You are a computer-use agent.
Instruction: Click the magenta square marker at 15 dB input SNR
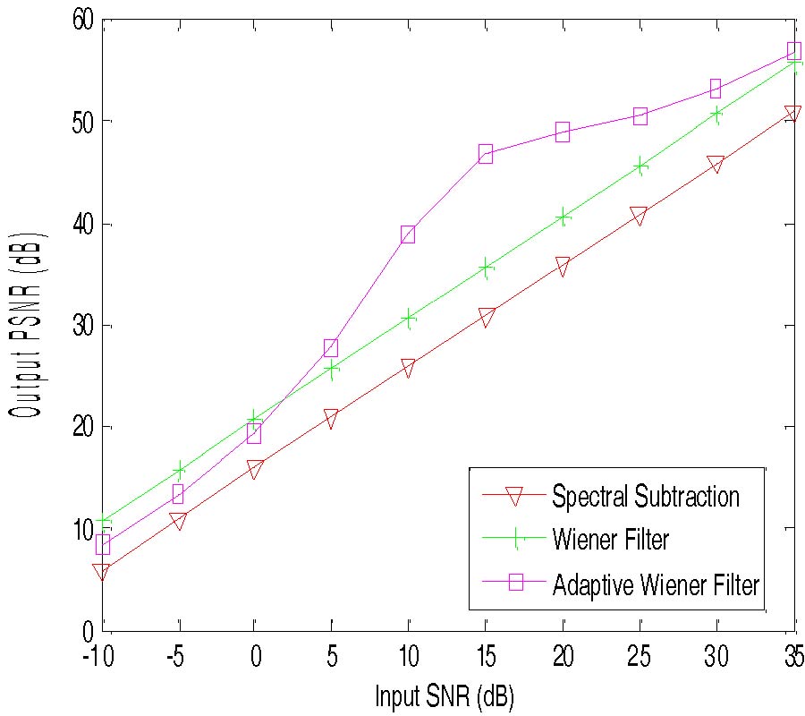486,153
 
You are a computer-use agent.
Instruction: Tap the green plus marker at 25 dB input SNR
640,166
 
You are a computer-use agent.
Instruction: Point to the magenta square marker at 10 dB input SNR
408,234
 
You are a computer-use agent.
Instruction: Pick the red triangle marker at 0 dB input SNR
254,470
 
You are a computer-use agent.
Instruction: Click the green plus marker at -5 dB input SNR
179,469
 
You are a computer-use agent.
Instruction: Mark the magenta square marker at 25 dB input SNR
640,116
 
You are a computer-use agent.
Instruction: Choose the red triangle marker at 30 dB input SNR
716,165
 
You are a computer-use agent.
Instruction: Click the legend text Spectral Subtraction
646,495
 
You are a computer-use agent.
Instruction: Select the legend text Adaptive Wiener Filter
657,585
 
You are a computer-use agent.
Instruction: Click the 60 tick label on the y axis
82,20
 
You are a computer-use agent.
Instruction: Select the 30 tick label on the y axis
82,326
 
